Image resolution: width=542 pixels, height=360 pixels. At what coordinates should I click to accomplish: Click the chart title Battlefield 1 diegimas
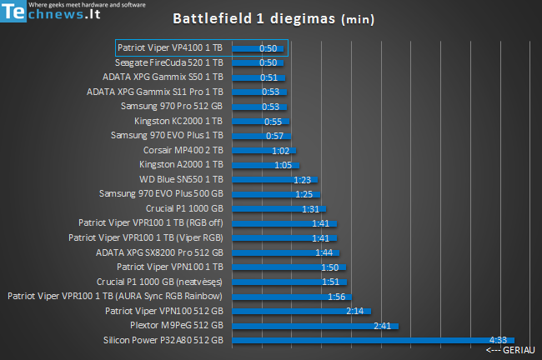261,18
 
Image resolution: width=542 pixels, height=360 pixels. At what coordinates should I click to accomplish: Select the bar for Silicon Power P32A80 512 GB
367,340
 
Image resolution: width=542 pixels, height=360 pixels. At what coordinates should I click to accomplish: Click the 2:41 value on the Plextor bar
383,325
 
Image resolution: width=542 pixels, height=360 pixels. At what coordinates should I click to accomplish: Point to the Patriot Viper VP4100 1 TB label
169,47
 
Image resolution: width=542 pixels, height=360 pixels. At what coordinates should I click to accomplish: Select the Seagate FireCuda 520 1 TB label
169,62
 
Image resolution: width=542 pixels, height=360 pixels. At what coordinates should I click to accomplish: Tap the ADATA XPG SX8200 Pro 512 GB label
159,252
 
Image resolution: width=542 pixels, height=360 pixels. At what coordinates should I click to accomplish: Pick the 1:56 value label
337,296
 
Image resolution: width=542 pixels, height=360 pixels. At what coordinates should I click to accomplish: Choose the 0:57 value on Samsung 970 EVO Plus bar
275,136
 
